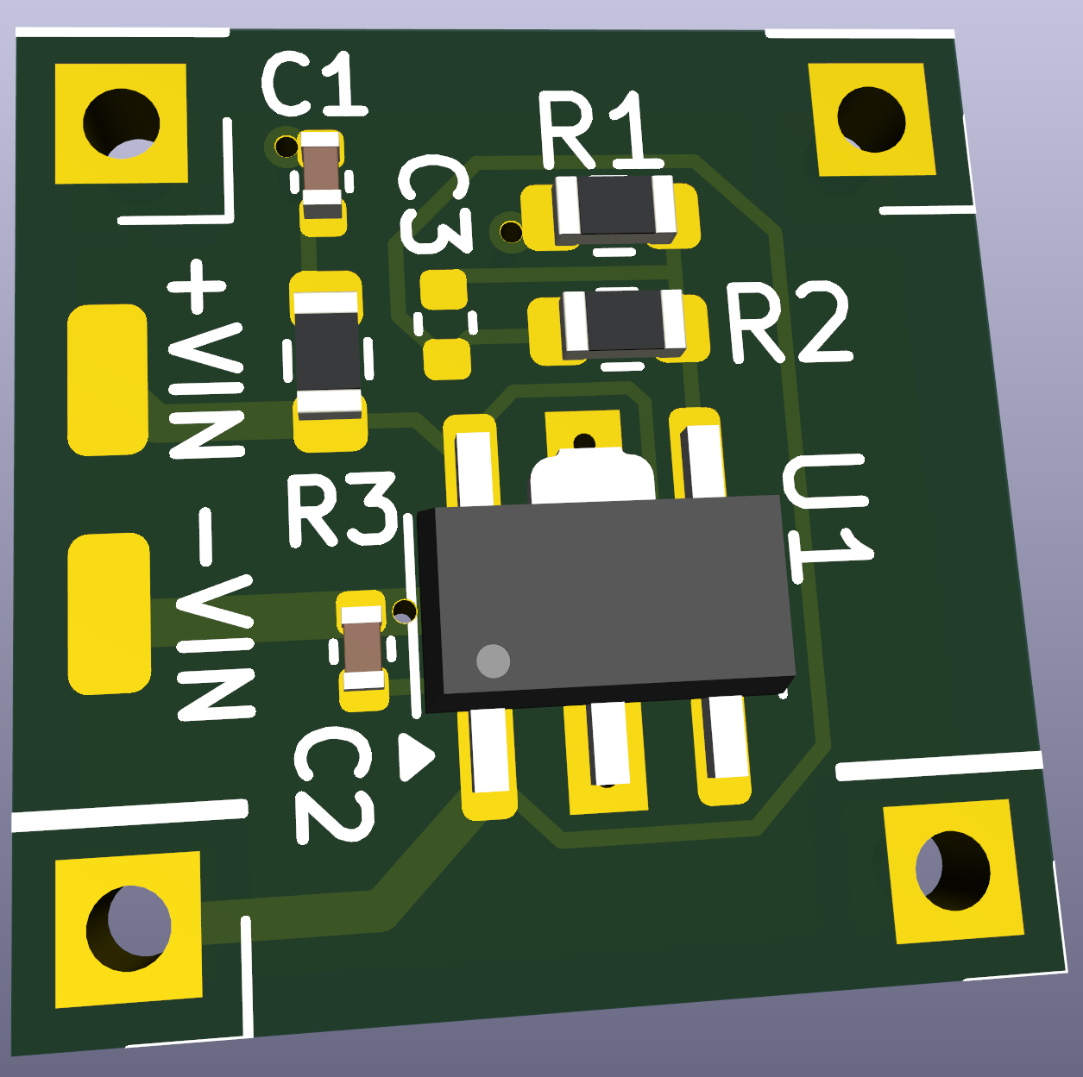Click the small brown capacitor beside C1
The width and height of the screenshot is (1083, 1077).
coord(321,175)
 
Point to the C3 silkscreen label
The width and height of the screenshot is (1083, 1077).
coord(435,207)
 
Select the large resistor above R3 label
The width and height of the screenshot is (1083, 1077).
coord(327,354)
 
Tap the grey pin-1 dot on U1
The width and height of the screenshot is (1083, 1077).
coord(493,661)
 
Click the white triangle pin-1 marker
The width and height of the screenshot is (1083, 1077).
coord(415,757)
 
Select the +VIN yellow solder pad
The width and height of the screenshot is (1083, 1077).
coord(108,379)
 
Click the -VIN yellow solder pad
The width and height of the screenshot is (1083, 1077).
coord(110,613)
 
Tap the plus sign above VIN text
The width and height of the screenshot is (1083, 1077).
coord(197,285)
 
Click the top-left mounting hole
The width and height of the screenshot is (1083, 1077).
coord(121,123)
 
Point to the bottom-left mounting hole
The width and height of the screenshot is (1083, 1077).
coord(129,928)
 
